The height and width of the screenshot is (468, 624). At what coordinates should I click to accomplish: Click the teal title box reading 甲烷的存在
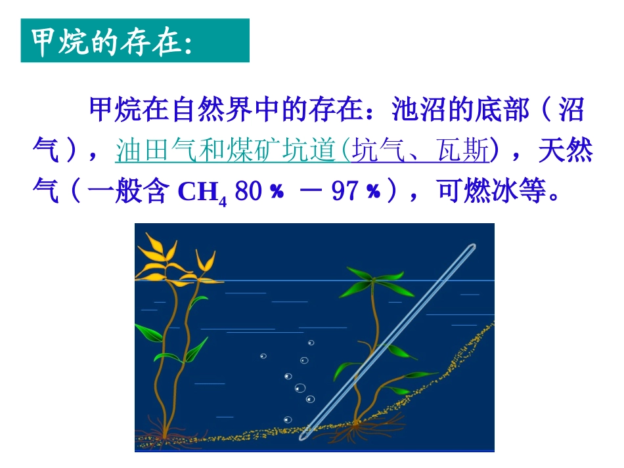coord(135,41)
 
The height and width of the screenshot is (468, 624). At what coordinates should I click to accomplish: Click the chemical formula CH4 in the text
coord(202,193)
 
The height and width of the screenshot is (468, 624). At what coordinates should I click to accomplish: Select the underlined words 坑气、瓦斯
coord(421,152)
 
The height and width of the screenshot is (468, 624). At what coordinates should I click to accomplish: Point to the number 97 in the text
coord(347,193)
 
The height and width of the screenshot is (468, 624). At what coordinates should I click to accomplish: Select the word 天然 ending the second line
coord(566,152)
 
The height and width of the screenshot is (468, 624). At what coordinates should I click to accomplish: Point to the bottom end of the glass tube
coord(305,435)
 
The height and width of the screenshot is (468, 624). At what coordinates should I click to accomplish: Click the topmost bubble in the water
coord(311,342)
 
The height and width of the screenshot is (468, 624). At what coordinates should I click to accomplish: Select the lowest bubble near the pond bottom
coord(286,419)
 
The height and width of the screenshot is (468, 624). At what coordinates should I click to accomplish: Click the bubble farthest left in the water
coord(263,356)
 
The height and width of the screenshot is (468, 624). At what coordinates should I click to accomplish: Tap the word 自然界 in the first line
coord(194,110)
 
